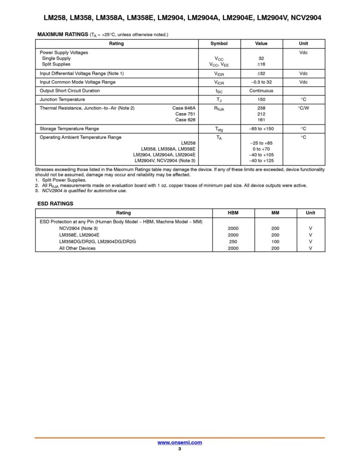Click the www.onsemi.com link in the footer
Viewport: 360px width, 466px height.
[x=180, y=442]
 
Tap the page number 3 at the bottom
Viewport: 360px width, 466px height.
[x=180, y=450]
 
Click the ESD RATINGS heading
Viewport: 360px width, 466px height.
[x=55, y=204]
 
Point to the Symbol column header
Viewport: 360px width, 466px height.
[x=219, y=44]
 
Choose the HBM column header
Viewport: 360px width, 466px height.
[x=233, y=213]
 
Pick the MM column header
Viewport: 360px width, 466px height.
[x=275, y=213]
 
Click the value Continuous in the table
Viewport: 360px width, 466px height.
[x=261, y=91]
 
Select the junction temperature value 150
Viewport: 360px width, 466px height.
[x=261, y=99]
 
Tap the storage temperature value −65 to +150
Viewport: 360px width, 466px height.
[x=261, y=129]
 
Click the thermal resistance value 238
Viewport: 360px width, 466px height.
[x=261, y=108]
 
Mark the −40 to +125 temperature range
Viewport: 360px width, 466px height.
[x=261, y=160]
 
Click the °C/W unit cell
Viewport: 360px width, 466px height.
[x=304, y=108]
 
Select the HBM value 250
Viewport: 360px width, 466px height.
[x=233, y=241]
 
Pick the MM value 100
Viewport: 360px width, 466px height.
[x=275, y=241]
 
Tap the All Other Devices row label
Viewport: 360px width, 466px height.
[x=77, y=248]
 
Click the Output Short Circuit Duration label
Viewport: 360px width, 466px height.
[x=70, y=91]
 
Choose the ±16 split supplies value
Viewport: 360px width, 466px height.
[x=261, y=65]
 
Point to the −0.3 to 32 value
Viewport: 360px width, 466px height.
[x=261, y=82]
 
